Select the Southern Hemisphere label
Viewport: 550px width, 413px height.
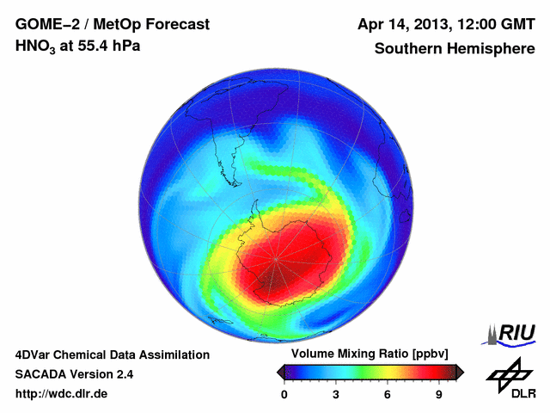[x=454, y=49]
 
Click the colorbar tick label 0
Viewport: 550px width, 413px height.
[x=284, y=395]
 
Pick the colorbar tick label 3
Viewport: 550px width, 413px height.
[x=336, y=395]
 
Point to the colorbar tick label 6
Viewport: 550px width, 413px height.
[x=388, y=395]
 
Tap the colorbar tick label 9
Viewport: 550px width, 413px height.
[x=438, y=395]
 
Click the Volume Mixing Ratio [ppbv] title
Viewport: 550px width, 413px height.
[x=370, y=354]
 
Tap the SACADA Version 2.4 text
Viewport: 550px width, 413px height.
[x=74, y=374]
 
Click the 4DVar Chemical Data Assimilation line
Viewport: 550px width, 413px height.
[x=112, y=354]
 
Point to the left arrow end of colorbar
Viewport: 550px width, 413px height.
[x=281, y=372]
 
